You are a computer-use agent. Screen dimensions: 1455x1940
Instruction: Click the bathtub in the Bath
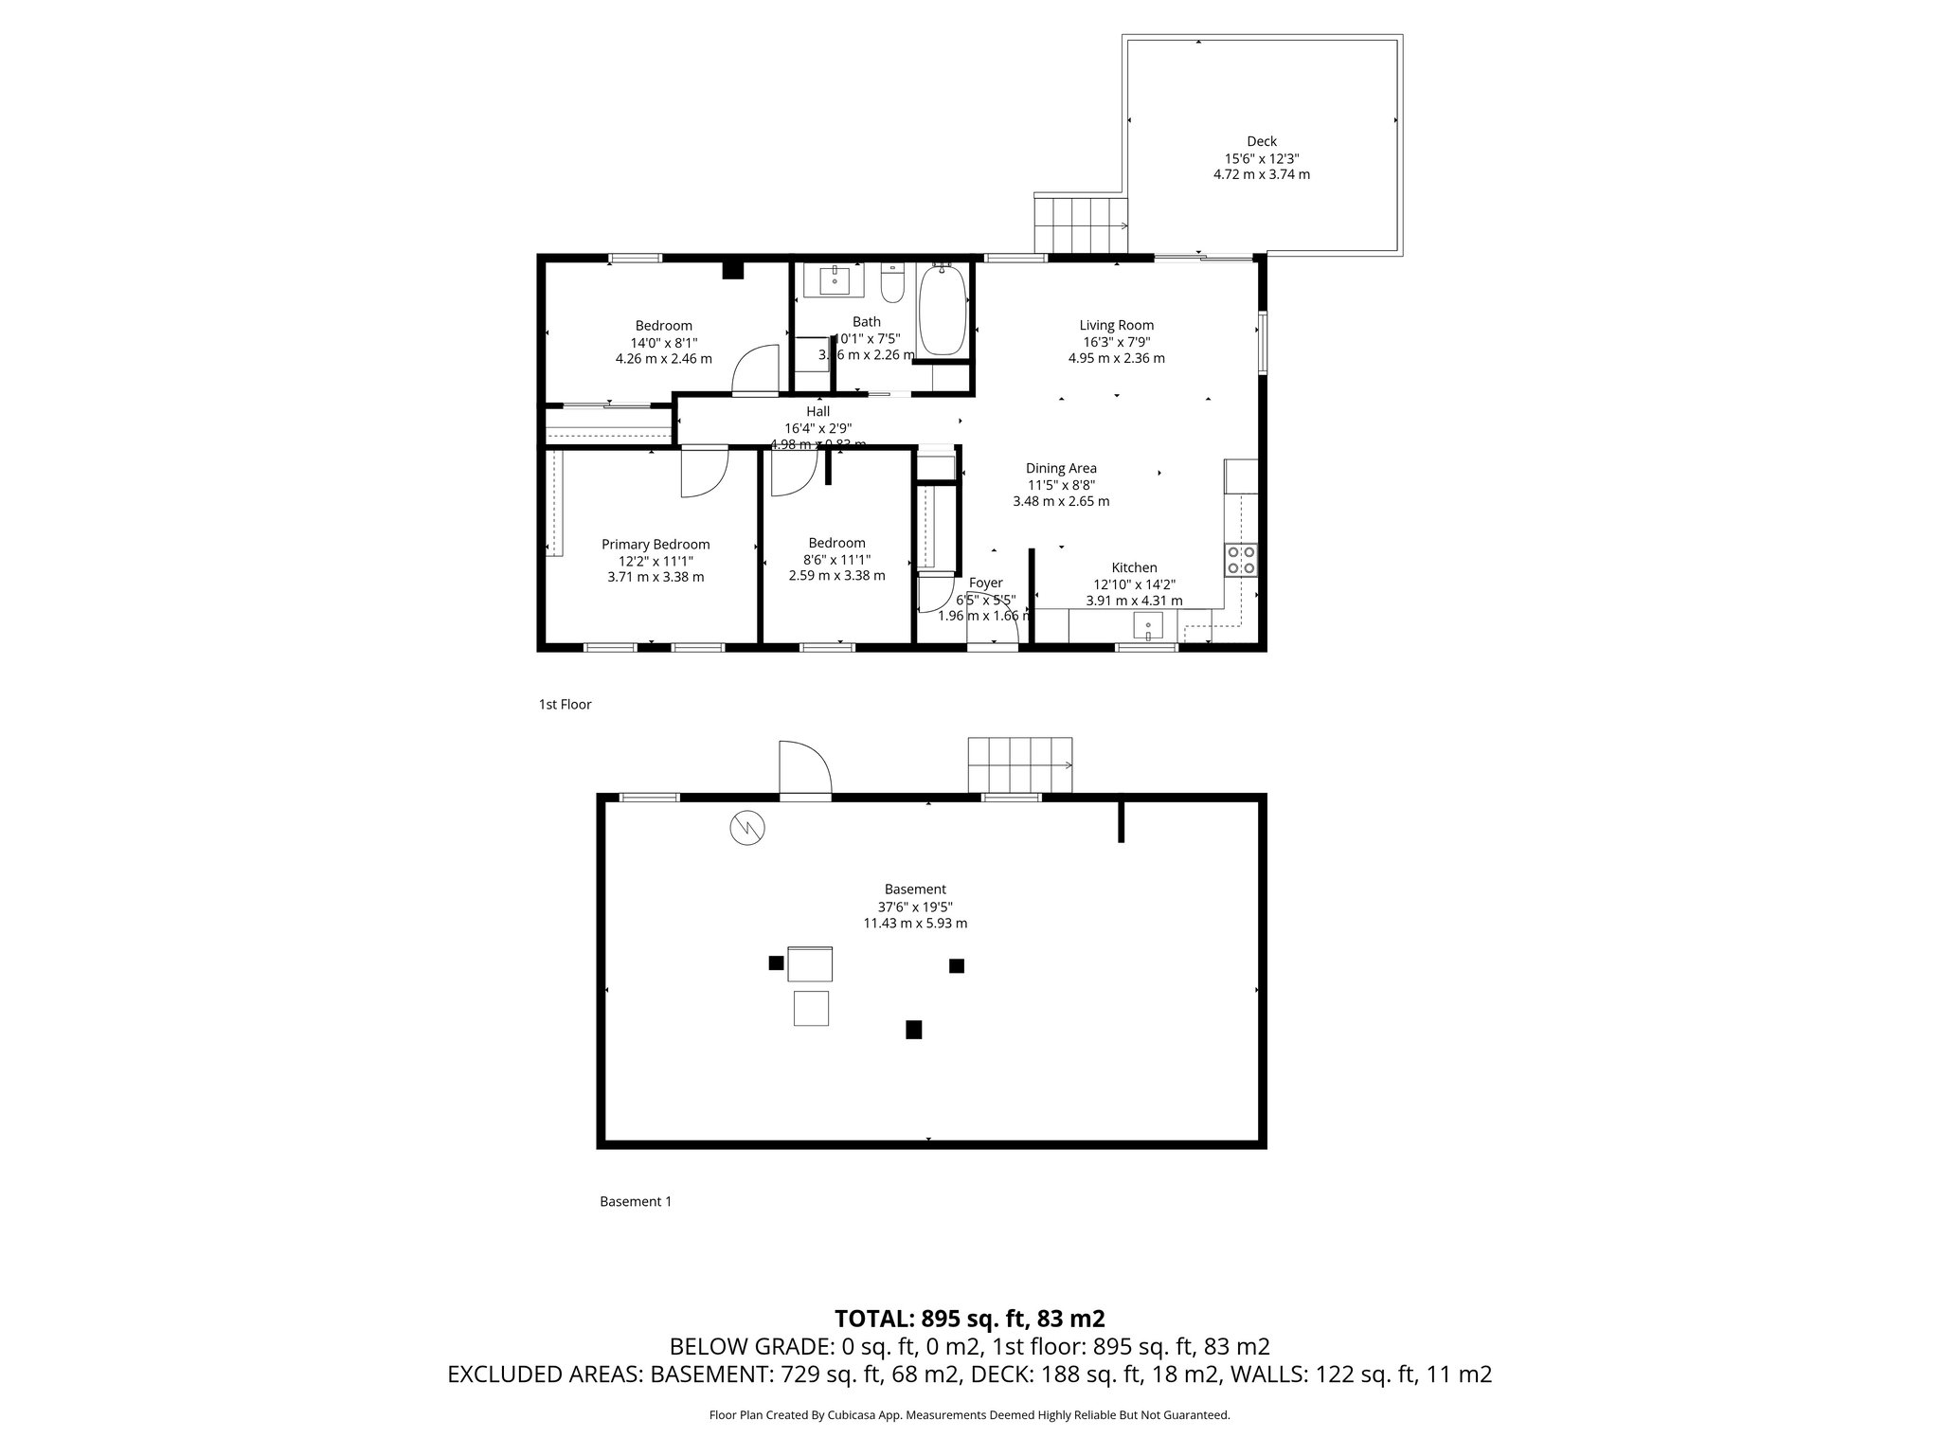(x=942, y=311)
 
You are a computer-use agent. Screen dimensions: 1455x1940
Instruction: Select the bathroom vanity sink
(x=834, y=280)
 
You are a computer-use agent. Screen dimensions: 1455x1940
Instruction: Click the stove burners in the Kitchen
(x=1241, y=560)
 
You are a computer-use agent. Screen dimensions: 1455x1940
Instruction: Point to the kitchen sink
(x=1148, y=626)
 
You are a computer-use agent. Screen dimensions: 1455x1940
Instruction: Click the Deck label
(x=1262, y=142)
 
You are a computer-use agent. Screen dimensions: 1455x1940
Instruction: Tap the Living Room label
(x=1117, y=326)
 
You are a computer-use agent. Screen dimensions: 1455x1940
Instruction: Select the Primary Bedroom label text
(x=656, y=545)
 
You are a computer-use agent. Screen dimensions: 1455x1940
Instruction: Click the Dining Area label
(x=1061, y=469)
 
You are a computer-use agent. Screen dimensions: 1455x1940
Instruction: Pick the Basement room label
(x=915, y=889)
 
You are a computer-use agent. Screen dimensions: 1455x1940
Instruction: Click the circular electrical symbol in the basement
(x=747, y=829)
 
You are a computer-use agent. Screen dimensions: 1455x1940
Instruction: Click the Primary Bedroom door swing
(x=703, y=471)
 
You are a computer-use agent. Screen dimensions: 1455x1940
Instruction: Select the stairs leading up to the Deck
(x=1080, y=224)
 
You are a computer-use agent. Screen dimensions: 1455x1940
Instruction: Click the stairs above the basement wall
(x=1020, y=764)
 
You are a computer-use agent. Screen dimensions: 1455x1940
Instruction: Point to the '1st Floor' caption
(x=565, y=705)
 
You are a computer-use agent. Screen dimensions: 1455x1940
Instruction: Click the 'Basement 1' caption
(x=636, y=1202)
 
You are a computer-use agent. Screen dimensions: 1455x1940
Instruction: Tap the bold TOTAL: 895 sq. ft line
(x=969, y=1319)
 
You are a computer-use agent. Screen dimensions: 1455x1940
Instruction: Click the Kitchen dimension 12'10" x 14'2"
(x=1134, y=584)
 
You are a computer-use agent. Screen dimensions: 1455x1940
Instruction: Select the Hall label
(x=817, y=412)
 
